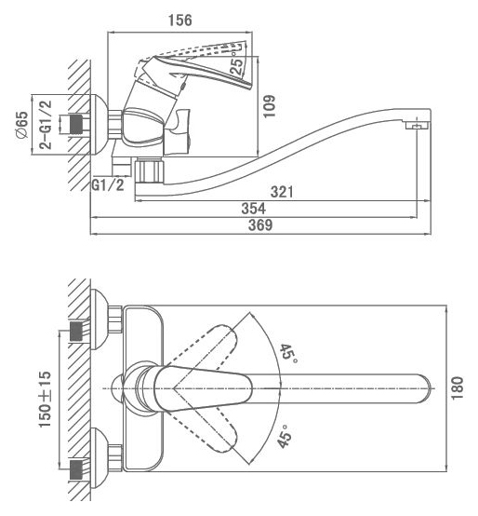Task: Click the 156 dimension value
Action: click(x=180, y=20)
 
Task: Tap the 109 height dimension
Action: click(x=270, y=106)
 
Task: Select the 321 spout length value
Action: click(x=282, y=192)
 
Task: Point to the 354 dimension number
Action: click(x=253, y=209)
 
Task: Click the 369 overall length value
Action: click(x=260, y=225)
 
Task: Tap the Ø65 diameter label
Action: click(x=22, y=125)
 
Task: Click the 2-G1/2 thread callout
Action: click(x=46, y=125)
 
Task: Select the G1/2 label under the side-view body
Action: click(x=108, y=185)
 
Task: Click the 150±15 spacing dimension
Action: click(x=46, y=400)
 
